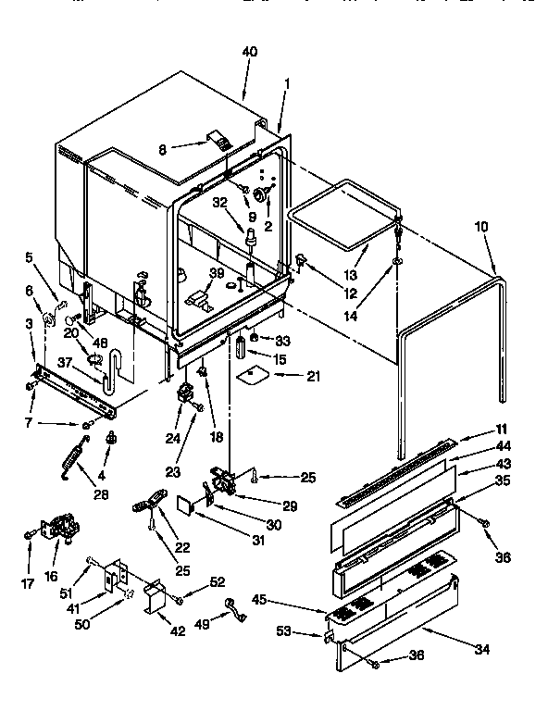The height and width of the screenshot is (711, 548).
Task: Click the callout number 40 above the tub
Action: (x=250, y=53)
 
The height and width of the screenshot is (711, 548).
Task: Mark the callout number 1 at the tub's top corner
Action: (x=286, y=82)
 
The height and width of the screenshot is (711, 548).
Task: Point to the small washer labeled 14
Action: (x=396, y=262)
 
